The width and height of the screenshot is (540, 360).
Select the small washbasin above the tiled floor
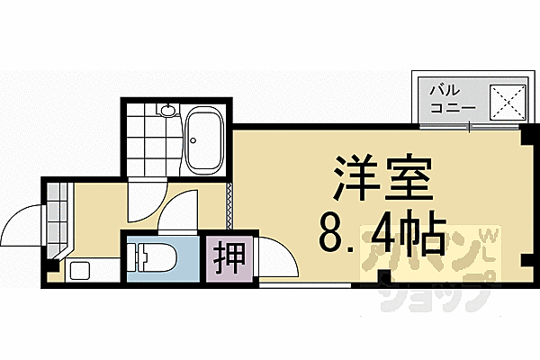(167, 111)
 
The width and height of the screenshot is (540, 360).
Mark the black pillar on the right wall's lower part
(526, 261)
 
